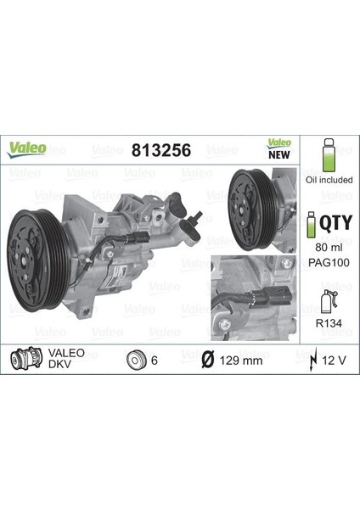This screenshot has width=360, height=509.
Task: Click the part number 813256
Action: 160,150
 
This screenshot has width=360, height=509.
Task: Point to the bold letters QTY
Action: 333,224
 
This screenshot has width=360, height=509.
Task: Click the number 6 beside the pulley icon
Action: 155,361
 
